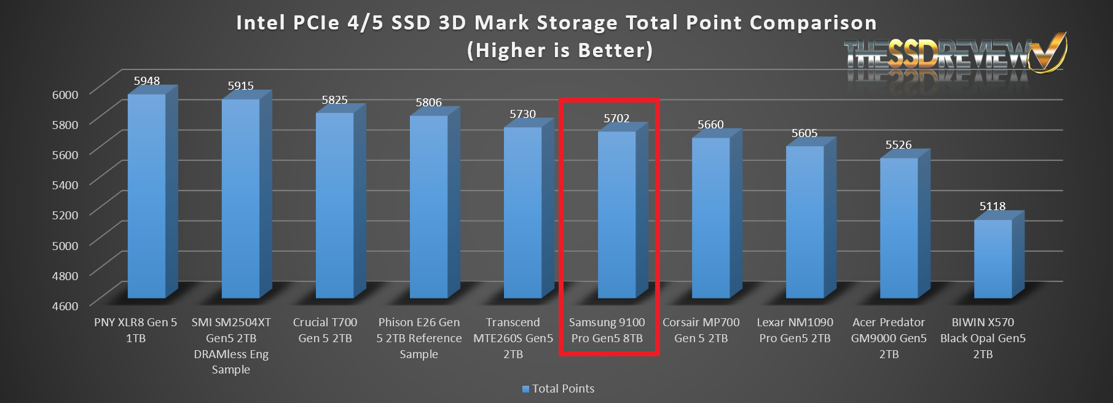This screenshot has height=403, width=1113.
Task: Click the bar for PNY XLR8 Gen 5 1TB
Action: (146, 197)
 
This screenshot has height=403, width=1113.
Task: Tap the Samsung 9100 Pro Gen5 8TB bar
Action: (616, 215)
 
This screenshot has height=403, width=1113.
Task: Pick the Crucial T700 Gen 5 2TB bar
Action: (334, 206)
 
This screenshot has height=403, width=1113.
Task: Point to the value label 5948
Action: (147, 81)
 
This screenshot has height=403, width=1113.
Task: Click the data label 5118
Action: (993, 206)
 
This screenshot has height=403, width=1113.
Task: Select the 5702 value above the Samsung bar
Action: (616, 119)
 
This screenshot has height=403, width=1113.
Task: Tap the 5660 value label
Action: (710, 125)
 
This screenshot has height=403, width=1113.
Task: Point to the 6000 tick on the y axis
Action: (65, 95)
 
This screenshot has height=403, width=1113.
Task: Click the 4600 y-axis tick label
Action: (65, 306)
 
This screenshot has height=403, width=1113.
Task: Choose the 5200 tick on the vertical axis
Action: (65, 215)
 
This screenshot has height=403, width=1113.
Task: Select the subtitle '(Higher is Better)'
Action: (559, 50)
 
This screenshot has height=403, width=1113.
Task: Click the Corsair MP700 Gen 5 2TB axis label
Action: (701, 330)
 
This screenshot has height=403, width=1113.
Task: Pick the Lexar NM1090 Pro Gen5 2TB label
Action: (795, 330)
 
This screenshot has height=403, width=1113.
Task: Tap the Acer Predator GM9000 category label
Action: (889, 338)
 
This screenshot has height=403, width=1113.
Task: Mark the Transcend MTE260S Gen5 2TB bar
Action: (522, 213)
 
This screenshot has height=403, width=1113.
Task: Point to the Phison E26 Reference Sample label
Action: (419, 338)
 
